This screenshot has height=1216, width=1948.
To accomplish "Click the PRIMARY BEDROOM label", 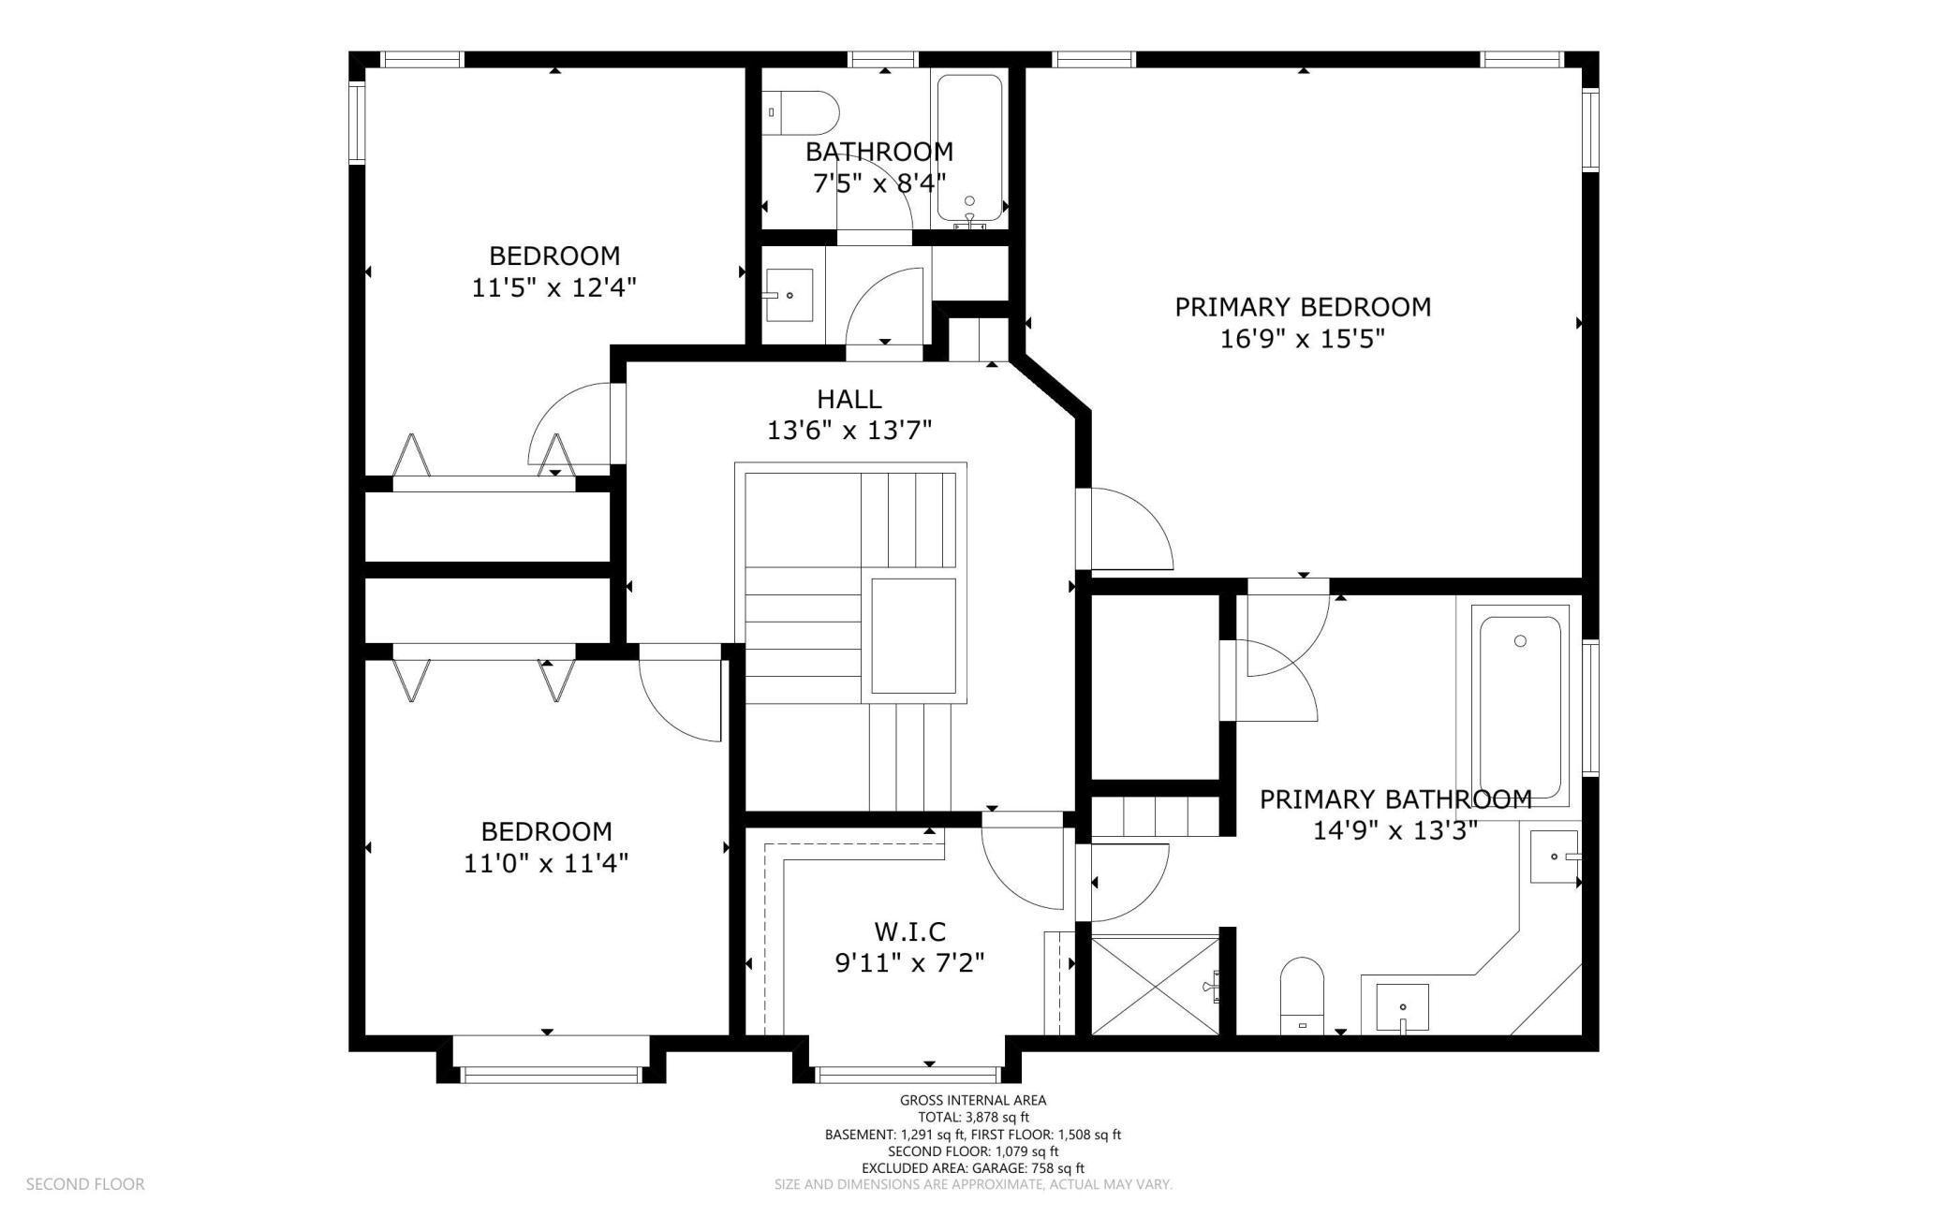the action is [x=1303, y=307].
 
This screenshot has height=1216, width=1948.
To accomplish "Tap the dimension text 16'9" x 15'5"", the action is [x=1303, y=338].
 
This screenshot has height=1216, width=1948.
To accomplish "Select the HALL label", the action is [x=849, y=400].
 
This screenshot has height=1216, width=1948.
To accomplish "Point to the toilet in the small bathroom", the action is [x=801, y=112].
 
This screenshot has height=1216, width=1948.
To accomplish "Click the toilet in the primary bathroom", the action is [x=1302, y=996].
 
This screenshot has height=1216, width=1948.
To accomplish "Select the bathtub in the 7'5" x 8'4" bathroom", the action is [x=969, y=148].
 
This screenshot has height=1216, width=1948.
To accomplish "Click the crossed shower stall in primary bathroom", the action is [x=1157, y=984].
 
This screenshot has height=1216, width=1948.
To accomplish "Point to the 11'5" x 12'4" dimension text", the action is [x=554, y=287].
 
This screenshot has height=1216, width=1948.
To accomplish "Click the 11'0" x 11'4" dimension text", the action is [x=546, y=862].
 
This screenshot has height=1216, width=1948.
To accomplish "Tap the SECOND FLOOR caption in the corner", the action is [x=85, y=1184].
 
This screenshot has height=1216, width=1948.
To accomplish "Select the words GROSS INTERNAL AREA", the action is [x=973, y=1101].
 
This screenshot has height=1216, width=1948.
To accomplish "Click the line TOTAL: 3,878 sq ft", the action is [x=973, y=1118].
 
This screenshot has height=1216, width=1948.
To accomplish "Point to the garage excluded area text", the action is [x=973, y=1168].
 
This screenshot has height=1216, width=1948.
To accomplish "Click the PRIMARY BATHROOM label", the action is [x=1395, y=799].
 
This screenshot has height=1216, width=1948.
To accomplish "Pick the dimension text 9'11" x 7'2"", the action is [x=909, y=962].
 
